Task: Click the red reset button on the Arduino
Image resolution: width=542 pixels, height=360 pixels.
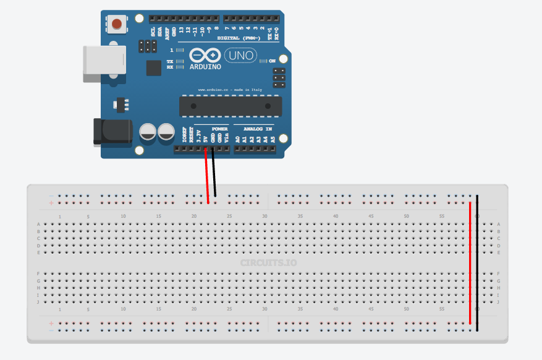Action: click(117, 25)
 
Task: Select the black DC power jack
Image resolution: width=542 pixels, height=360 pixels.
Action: click(113, 131)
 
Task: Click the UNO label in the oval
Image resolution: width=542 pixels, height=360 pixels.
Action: click(240, 56)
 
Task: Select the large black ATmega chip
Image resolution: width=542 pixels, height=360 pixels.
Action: click(230, 106)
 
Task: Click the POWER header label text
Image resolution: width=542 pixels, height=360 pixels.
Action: click(219, 129)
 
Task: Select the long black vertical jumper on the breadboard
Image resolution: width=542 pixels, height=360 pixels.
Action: click(476, 263)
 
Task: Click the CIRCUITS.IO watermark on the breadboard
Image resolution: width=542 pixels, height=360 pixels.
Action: click(268, 263)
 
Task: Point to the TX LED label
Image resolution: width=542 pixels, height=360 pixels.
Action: click(169, 62)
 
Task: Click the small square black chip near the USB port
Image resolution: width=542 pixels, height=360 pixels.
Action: click(154, 67)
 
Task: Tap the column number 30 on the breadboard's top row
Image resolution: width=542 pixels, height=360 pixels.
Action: click(265, 216)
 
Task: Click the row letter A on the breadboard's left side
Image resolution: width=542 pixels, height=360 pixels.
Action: click(39, 224)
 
